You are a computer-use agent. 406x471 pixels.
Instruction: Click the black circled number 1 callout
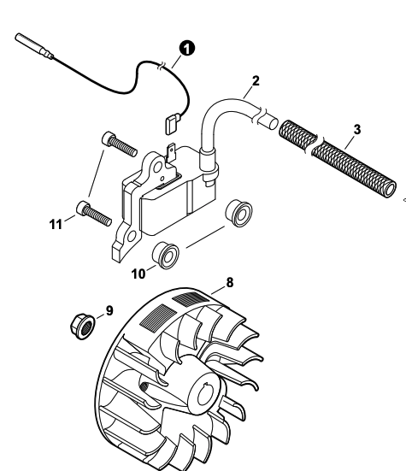pos(187,49)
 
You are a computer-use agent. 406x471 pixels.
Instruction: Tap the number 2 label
pos(256,81)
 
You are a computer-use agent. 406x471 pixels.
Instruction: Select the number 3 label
pos(356,129)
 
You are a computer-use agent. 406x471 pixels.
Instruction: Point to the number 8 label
pos(229,282)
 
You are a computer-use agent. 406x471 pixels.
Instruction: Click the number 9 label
pos(109,310)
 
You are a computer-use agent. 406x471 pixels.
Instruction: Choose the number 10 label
pos(138,274)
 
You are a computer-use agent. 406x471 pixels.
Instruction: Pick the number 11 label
pos(56,224)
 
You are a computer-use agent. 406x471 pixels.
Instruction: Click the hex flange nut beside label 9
pos(82,327)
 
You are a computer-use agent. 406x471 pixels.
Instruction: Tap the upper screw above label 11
pos(120,144)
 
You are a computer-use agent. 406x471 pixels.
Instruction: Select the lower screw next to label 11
pos(94,213)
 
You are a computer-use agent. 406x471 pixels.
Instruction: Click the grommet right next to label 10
pos(166,255)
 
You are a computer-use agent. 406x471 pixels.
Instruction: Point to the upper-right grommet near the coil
pos(239,209)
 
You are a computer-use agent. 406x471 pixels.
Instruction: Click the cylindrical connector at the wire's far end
pos(33,45)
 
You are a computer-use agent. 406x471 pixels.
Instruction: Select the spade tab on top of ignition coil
pos(171,153)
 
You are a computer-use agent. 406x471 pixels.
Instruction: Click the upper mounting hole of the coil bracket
pos(157,167)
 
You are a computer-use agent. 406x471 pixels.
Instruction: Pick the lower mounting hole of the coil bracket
pos(132,237)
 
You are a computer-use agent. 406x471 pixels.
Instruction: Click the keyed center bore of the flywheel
pos(206,394)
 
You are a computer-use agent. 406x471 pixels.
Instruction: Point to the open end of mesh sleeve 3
pos(390,190)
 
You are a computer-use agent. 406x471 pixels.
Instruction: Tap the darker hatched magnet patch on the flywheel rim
pos(191,298)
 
